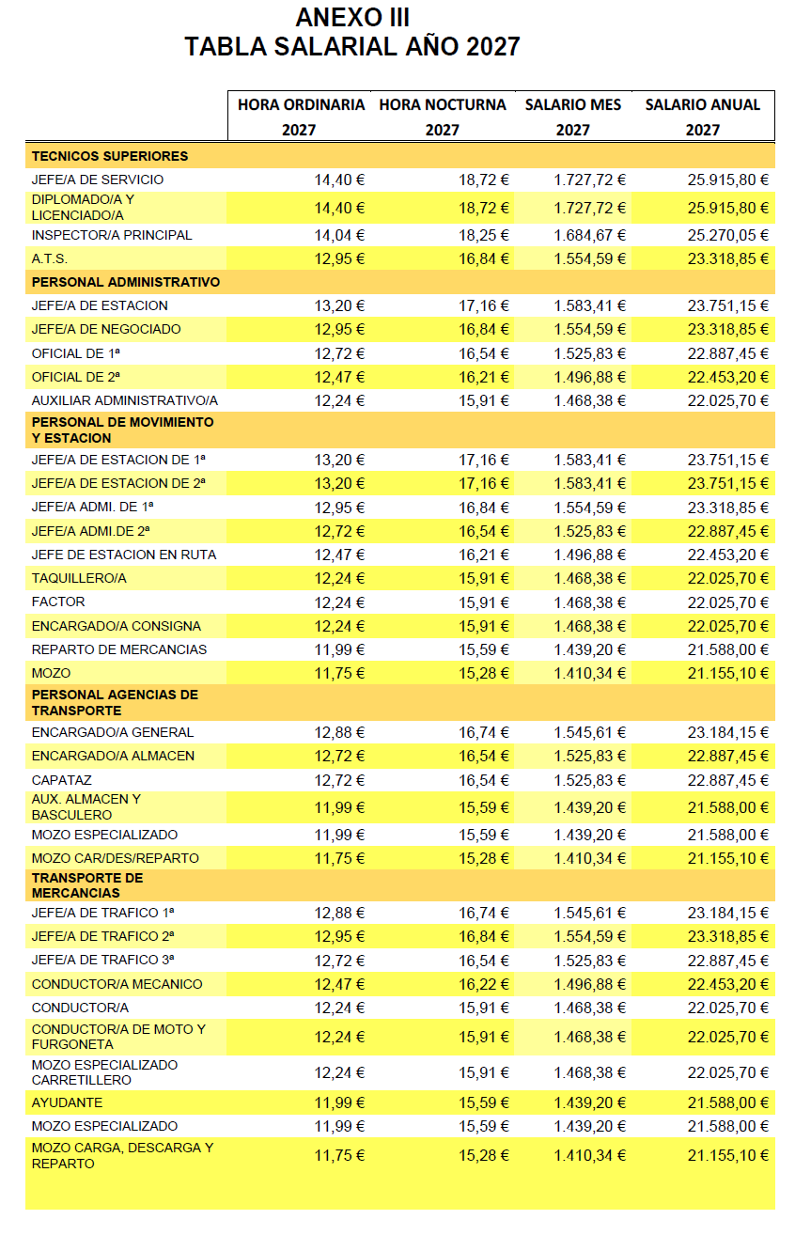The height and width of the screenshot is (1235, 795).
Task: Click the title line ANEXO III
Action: pos(352,17)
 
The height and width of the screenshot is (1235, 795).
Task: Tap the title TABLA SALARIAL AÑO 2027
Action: pos(352,46)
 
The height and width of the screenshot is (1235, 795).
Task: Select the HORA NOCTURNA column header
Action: pos(443,105)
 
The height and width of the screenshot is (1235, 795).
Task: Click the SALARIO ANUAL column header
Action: pos(702,105)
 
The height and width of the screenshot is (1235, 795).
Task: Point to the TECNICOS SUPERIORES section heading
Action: pos(110,156)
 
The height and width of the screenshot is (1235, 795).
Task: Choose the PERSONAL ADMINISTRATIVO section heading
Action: pos(126,282)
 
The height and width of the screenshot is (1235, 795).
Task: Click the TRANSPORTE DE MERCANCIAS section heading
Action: pos(87,885)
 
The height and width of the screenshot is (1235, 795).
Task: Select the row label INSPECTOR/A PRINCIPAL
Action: pos(112,235)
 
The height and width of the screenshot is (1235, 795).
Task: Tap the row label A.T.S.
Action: pos(50,258)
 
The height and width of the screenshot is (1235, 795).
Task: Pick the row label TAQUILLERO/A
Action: pos(79,578)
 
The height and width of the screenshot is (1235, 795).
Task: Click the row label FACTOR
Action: pos(58,602)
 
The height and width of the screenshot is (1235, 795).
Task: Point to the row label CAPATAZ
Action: pos(62,780)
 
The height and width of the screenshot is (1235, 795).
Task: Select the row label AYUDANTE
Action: pos(67,1102)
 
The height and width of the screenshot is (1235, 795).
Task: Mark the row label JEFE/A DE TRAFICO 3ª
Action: pos(103,960)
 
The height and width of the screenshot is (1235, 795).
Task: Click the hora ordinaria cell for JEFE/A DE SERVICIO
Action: pos(339,180)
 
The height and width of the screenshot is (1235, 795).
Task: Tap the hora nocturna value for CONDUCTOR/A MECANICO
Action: pos(484,984)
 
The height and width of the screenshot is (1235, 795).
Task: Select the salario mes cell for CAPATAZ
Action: pos(589,780)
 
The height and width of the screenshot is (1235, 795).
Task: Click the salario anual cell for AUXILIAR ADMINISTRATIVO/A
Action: pos(727,400)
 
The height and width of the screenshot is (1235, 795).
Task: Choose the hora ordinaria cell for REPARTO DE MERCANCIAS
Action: pos(339,649)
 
